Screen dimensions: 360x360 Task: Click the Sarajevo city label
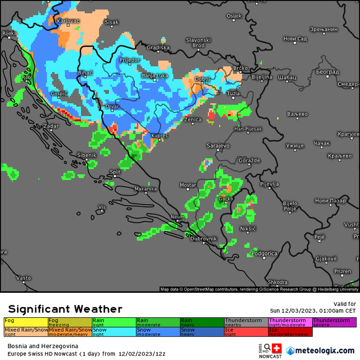218,146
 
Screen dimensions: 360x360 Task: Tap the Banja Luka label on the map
154,75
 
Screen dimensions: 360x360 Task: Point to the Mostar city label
188,185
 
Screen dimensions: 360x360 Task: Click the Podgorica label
264,253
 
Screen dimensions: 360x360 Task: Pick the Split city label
115,171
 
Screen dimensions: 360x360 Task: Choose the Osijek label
234,16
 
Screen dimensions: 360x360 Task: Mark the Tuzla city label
234,93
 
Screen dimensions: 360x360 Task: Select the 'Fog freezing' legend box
70,322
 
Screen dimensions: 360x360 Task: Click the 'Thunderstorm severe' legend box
334,322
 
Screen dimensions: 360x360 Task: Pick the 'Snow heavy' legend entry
202,332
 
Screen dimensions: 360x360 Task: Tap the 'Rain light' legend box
114,322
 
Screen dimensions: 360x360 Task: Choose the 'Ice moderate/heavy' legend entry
290,332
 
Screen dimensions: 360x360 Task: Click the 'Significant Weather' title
65,309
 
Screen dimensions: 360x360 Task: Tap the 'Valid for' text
344,304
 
